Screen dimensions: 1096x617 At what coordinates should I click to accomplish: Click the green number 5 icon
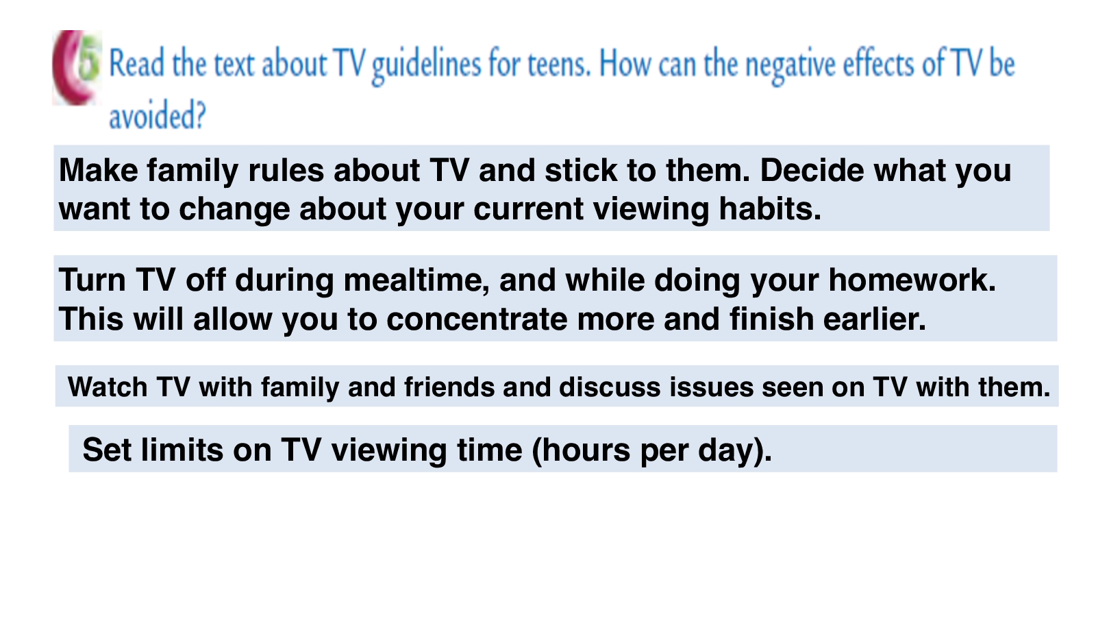click(90, 62)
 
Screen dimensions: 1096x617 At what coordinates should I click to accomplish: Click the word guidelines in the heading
click(426, 66)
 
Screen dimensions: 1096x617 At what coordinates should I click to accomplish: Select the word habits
click(770, 209)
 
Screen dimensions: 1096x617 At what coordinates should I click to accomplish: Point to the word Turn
click(92, 280)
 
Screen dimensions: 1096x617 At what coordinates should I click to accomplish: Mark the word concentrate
click(477, 319)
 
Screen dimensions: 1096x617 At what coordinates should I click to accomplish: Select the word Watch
click(108, 387)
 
